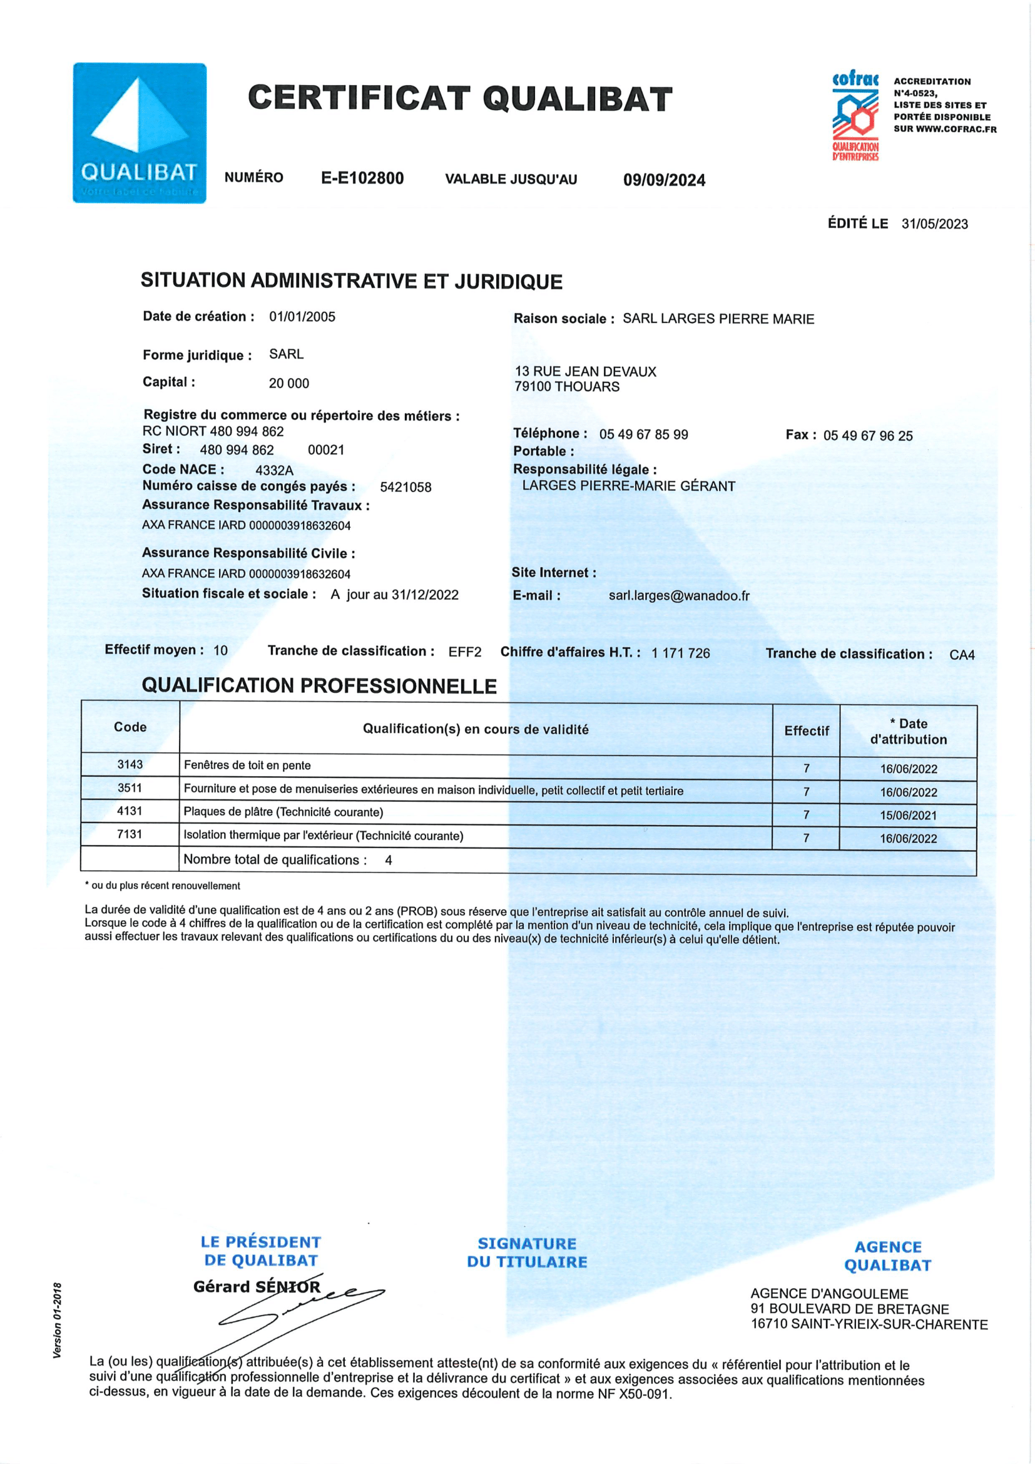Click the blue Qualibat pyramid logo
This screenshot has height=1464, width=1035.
coord(139,133)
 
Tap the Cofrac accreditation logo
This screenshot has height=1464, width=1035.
coord(855,116)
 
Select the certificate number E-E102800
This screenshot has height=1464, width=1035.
coord(362,178)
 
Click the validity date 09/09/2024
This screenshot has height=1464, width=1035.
coord(664,180)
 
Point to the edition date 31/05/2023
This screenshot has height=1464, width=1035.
coord(934,224)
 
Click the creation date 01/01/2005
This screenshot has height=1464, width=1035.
coord(302,317)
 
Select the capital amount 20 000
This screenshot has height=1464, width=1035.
coord(288,383)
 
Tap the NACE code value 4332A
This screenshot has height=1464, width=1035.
coord(274,471)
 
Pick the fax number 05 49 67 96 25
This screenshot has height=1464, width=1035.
coord(867,436)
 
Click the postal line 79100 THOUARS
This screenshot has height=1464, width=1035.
coord(566,387)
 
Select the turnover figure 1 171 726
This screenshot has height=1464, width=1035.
coord(680,653)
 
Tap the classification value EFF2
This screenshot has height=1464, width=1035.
coord(464,652)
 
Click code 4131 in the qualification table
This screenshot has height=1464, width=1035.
coord(130,811)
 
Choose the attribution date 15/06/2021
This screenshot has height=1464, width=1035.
coord(908,816)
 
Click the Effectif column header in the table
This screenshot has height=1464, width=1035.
coord(806,730)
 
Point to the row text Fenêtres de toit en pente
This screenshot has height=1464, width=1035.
coord(247,765)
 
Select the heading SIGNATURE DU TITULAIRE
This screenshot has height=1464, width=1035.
coord(527,1252)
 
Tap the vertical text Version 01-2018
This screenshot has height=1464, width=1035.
coord(58,1320)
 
